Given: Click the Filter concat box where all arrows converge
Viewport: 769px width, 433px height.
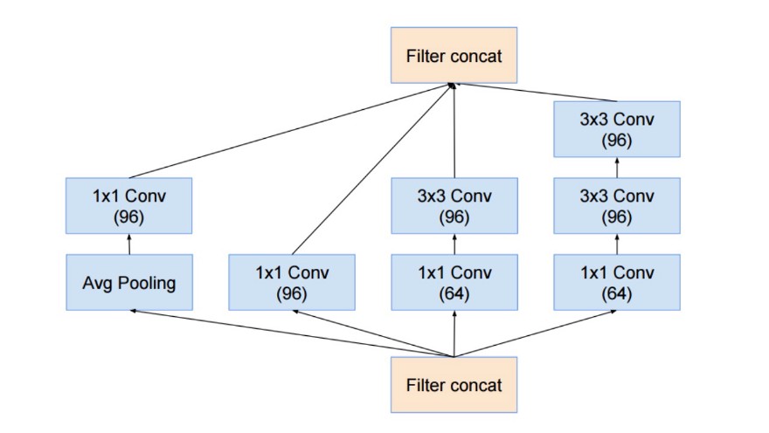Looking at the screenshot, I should [454, 56].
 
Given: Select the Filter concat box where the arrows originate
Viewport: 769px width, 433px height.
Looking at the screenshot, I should [454, 384].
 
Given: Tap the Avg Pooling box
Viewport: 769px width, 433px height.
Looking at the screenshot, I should [128, 282].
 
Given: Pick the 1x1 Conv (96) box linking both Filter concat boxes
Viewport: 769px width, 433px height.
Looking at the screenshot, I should [291, 282].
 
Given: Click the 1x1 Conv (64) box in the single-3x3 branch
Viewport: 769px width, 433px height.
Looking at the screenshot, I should [454, 282].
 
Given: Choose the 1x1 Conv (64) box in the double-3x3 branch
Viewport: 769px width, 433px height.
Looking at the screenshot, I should [617, 282].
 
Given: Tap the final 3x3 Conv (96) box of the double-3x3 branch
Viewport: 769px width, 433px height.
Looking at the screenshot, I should [617, 128].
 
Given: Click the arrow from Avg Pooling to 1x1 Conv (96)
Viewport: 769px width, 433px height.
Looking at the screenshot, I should [128, 244].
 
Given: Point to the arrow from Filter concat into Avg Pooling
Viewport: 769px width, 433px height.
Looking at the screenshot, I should [288, 333].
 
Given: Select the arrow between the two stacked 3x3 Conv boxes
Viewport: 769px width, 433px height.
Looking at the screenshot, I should [617, 168].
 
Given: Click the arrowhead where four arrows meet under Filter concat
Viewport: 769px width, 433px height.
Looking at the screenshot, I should [452, 86].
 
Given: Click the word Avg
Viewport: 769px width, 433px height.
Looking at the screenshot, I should [95, 282].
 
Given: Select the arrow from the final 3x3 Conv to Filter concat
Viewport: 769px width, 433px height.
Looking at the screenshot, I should [533, 93].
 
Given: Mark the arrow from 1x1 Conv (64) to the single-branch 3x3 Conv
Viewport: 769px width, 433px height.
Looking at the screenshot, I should [454, 244].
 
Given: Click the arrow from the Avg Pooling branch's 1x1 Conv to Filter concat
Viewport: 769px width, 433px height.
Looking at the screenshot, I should [288, 131].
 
